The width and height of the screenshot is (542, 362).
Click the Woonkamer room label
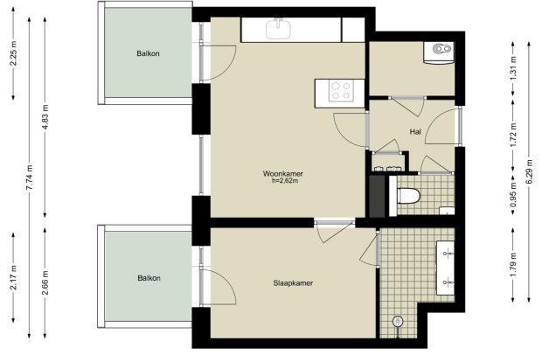point(283,173)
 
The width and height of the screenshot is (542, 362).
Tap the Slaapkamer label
point(293,283)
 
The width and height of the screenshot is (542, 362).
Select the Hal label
point(415,132)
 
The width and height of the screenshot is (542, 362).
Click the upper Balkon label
point(148,53)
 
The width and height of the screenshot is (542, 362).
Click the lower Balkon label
point(149,278)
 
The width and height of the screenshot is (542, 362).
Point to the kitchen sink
point(278,29)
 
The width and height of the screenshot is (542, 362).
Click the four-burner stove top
point(341,91)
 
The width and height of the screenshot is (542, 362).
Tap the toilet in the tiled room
point(408,196)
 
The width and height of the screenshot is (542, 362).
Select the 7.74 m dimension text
point(30,177)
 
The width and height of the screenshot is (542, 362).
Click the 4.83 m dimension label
point(45,116)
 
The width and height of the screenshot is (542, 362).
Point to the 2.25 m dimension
point(13,52)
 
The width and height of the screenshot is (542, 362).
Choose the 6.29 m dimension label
point(529,172)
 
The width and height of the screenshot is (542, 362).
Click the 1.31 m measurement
point(513,68)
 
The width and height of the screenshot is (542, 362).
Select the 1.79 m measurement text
point(513,264)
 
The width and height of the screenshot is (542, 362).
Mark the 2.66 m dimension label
point(45,282)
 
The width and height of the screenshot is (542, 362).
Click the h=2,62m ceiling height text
point(285,180)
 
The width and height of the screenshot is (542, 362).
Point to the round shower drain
point(398,322)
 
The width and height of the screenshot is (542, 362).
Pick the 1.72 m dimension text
point(513,135)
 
